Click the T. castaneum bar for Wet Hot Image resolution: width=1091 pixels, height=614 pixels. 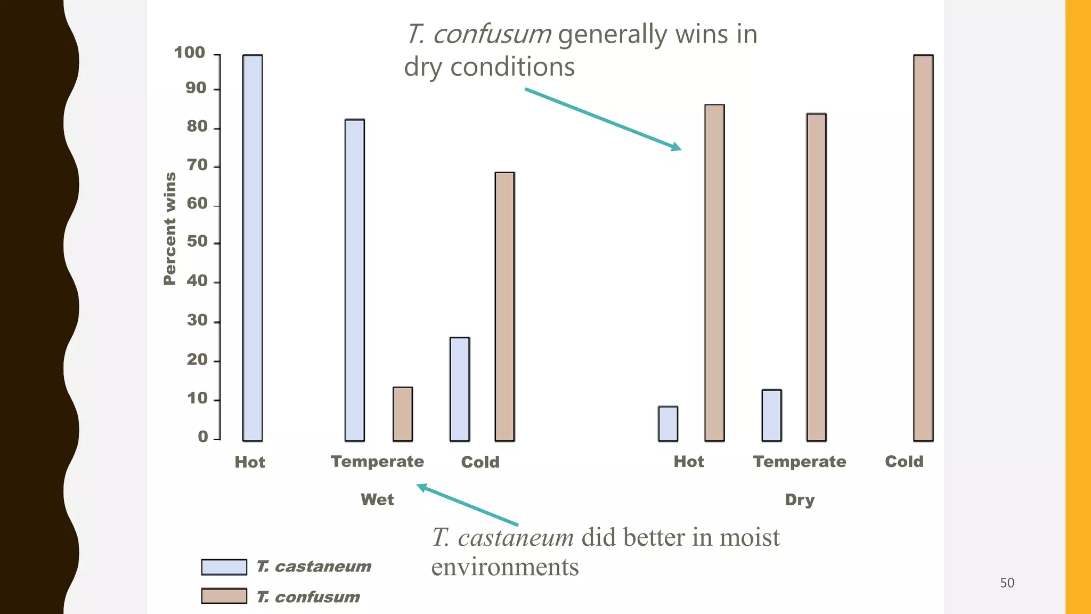pyautogui.click(x=253, y=248)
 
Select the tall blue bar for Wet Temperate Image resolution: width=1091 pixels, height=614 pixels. pyautogui.click(x=355, y=280)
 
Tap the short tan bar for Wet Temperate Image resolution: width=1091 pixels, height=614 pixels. pyautogui.click(x=403, y=414)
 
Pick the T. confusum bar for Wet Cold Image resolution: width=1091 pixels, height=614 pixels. pyautogui.click(x=504, y=306)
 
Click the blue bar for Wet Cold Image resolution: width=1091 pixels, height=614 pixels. pyautogui.click(x=460, y=389)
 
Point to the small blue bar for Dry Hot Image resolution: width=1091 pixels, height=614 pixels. pyautogui.click(x=668, y=424)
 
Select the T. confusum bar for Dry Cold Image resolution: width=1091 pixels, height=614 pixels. pyautogui.click(x=923, y=248)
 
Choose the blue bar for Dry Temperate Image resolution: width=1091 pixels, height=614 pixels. pyautogui.click(x=771, y=415)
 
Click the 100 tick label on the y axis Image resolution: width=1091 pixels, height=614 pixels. pyautogui.click(x=190, y=53)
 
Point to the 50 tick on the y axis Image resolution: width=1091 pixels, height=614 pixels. pyautogui.click(x=197, y=242)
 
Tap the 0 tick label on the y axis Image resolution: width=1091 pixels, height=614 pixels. pyautogui.click(x=203, y=437)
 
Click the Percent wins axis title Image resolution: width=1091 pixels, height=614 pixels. pyautogui.click(x=169, y=229)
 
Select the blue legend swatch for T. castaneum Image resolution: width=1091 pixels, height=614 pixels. pyautogui.click(x=224, y=567)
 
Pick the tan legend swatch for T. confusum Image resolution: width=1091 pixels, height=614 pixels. pyautogui.click(x=224, y=596)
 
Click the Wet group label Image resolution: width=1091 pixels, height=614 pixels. pyautogui.click(x=377, y=499)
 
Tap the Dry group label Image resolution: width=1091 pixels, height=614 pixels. pyautogui.click(x=800, y=499)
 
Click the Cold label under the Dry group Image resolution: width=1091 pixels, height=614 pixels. pyautogui.click(x=904, y=462)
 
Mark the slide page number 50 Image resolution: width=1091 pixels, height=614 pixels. pyautogui.click(x=1007, y=583)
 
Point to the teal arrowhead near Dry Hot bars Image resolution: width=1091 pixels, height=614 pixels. pyautogui.click(x=676, y=147)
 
